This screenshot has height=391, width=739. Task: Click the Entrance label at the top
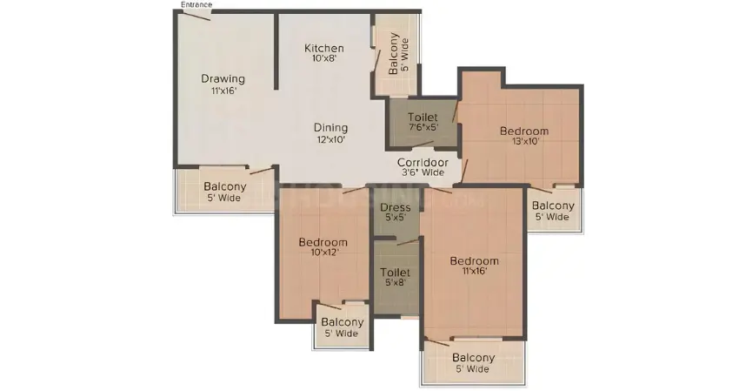coord(196,4)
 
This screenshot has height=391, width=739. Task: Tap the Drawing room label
coord(223,78)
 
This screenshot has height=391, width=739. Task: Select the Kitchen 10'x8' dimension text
coord(324,59)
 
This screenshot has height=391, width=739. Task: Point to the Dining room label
coord(330,127)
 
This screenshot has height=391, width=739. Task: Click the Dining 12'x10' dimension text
coord(330,139)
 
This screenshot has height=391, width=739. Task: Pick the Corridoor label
coord(423,162)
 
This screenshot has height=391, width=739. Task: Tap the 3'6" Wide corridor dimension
coord(423,172)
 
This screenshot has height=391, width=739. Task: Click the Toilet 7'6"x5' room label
coord(422,116)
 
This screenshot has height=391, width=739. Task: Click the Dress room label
coord(396,207)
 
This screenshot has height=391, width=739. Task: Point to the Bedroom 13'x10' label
coord(524,131)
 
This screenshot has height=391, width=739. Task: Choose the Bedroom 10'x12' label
coord(323,242)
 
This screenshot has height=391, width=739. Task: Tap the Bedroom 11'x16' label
coord(474,260)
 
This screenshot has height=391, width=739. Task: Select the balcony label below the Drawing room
coord(224,186)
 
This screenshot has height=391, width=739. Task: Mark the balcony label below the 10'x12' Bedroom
coord(342,322)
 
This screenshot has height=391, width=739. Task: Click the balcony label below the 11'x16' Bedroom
coord(473,358)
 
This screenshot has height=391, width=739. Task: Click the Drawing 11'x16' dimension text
coord(223,90)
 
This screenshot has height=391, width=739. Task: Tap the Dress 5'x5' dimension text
coord(396,219)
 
